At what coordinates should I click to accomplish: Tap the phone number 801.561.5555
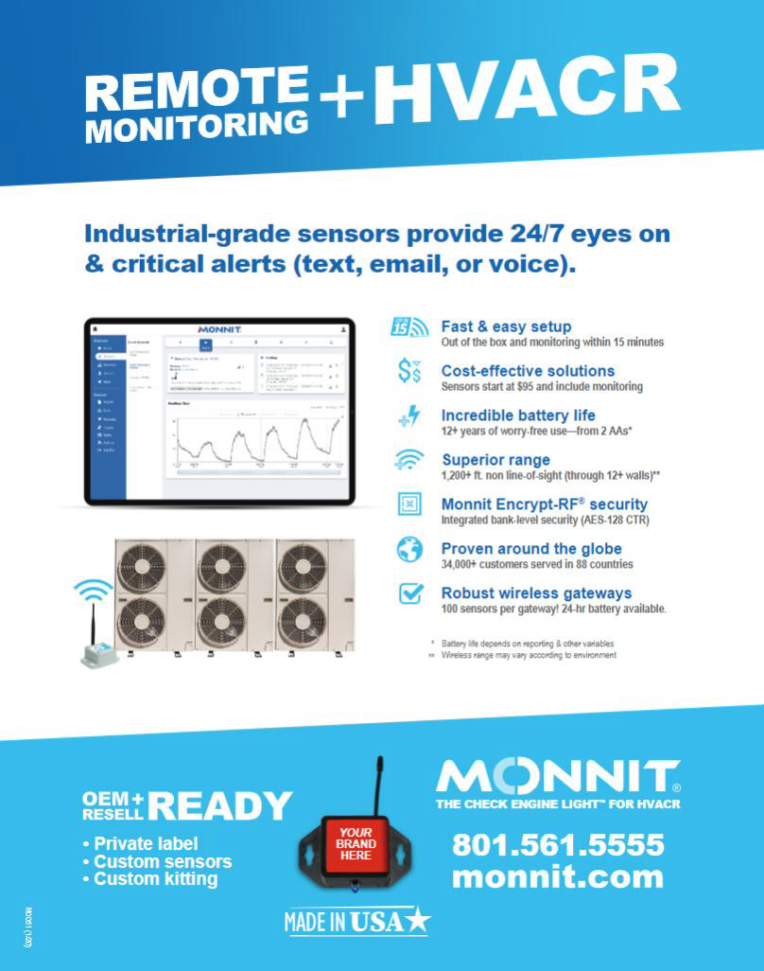(x=558, y=843)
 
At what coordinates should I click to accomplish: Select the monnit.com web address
(x=558, y=876)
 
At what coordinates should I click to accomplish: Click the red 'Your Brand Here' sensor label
(x=356, y=843)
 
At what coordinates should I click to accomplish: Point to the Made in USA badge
(x=357, y=920)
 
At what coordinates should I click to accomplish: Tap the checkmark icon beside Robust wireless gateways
(x=409, y=594)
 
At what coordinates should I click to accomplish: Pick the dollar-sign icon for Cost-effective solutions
(x=409, y=373)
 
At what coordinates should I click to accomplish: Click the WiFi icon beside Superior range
(x=409, y=461)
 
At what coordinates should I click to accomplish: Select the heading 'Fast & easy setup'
(x=506, y=327)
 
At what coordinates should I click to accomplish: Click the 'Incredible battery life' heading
(x=518, y=415)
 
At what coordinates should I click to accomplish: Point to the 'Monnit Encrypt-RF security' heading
(x=544, y=504)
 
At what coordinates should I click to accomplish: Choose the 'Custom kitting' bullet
(x=156, y=879)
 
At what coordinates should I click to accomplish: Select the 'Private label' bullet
(x=147, y=843)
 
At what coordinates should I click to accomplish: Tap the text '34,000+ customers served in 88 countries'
(x=537, y=565)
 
